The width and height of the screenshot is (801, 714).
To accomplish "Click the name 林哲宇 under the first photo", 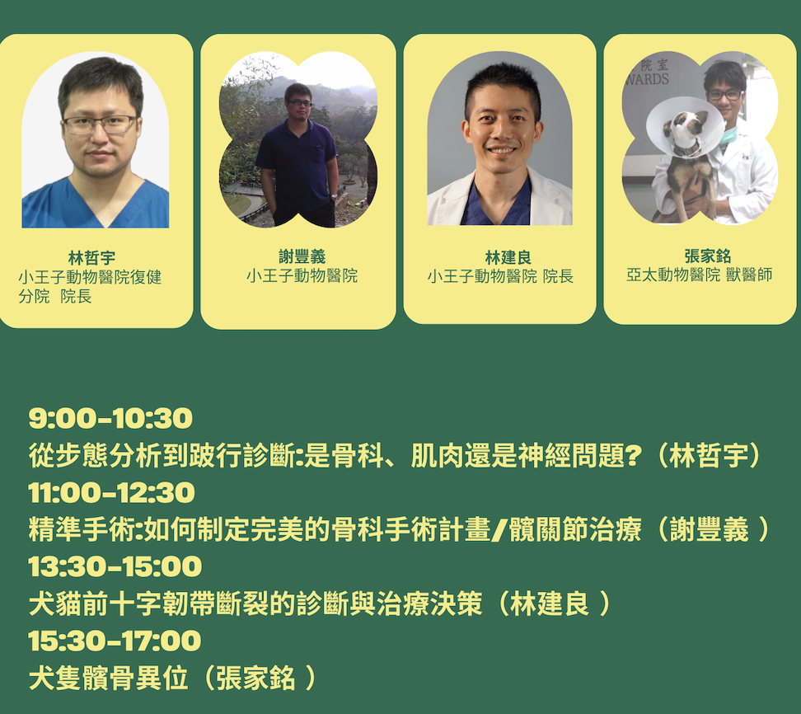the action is pos(92,257).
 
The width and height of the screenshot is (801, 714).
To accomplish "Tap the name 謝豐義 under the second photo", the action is pos(302,256).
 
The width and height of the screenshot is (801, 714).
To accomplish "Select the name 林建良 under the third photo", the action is pos(508,257).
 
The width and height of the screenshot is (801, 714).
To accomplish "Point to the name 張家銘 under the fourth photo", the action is pos(708,256).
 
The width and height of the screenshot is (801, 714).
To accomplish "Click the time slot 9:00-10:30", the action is pos(110,419).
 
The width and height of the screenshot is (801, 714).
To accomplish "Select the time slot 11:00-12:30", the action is pos(112,493).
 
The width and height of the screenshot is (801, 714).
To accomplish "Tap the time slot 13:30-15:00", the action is pos(115,566).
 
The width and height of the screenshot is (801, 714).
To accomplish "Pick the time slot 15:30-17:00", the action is pos(115,641).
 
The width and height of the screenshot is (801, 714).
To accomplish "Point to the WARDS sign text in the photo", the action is pos(647,79).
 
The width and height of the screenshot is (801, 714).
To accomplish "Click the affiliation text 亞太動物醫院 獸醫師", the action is pos(700,275).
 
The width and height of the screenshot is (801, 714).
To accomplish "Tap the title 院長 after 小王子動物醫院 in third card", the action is pos(559,276).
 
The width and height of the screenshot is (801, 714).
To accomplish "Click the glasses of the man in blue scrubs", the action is pos(101,124).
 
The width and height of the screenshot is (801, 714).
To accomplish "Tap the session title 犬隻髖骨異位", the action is pos(108,678).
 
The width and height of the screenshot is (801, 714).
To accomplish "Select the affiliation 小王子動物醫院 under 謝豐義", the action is pos(302,276).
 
